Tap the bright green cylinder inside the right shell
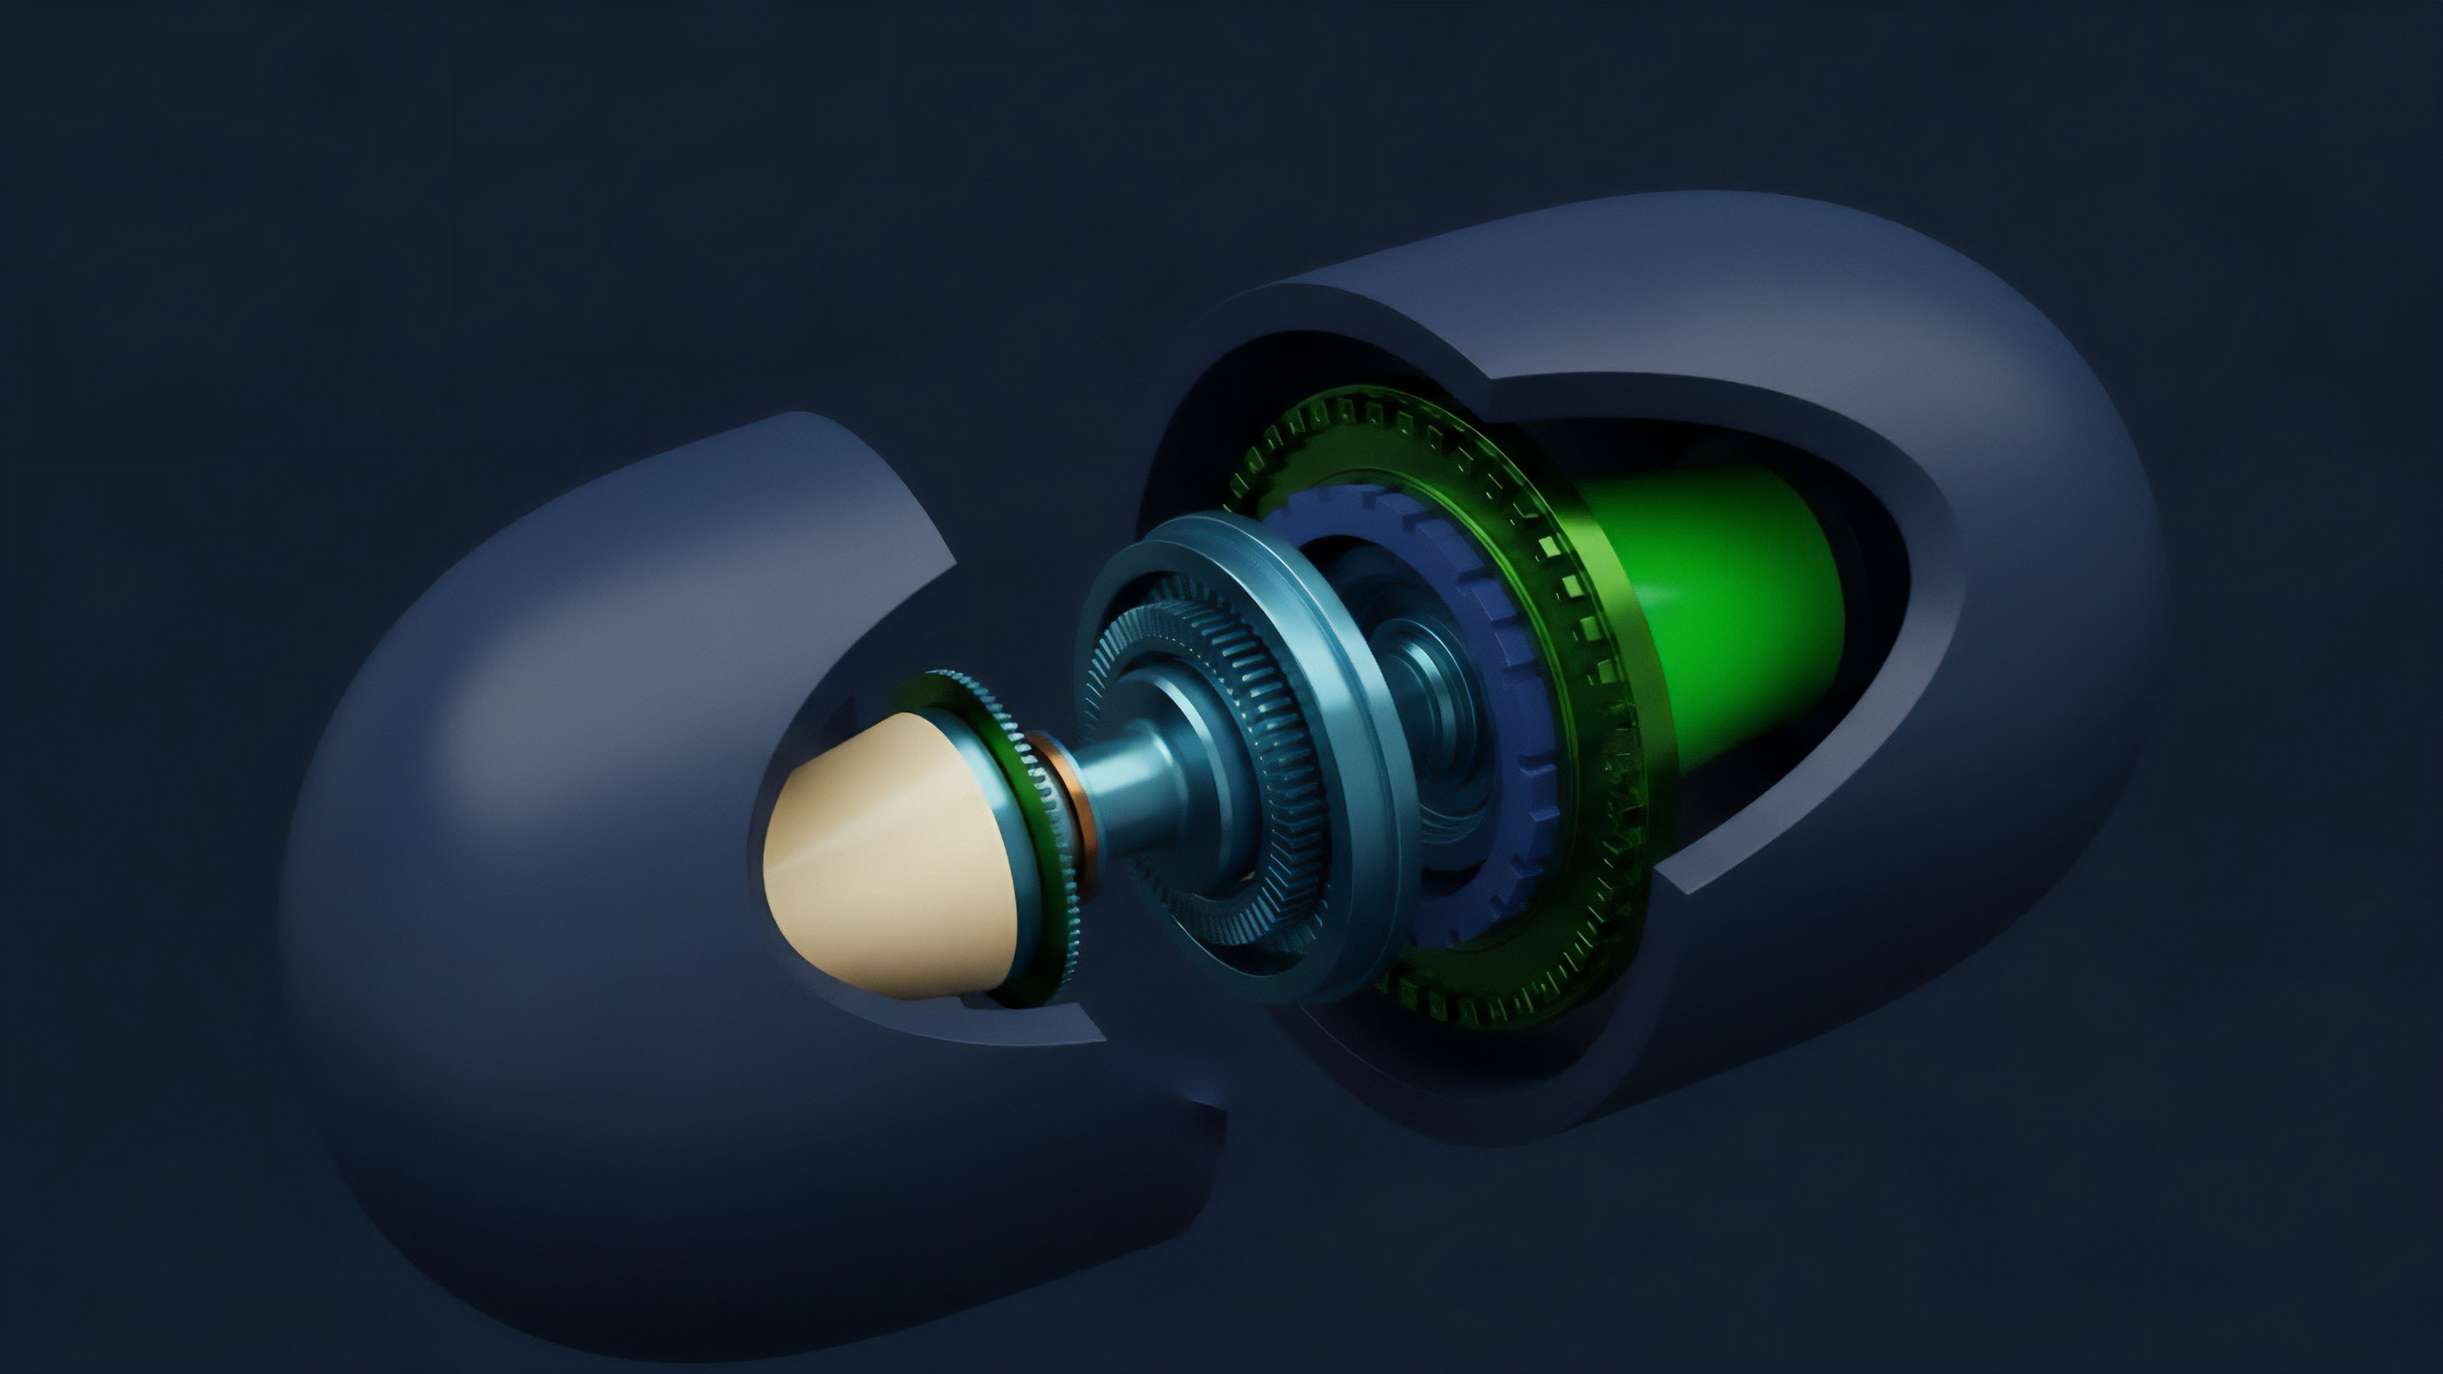(x=1735, y=607)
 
